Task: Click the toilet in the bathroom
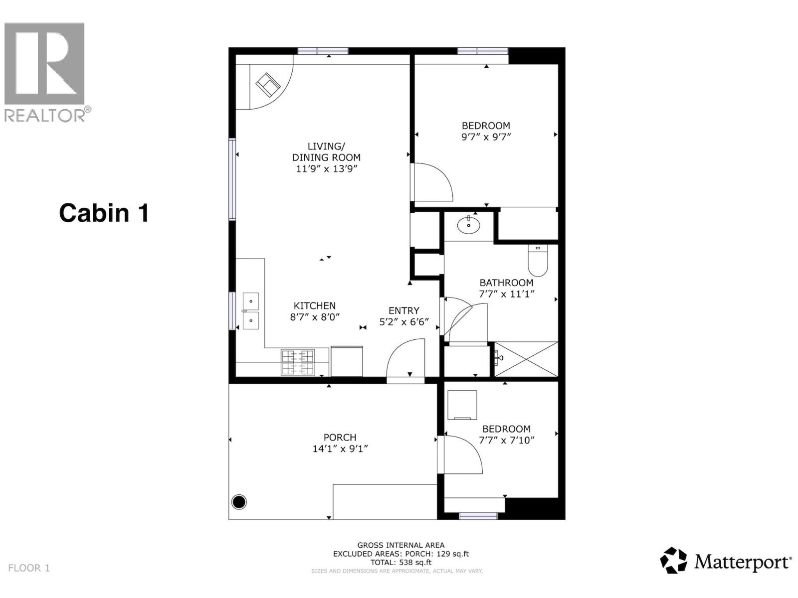click(538, 262)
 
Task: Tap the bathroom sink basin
click(469, 225)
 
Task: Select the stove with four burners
click(298, 362)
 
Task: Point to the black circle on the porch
click(239, 502)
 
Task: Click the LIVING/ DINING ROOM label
click(326, 151)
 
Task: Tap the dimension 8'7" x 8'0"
click(315, 317)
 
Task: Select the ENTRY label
click(404, 310)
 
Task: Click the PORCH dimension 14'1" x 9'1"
click(340, 448)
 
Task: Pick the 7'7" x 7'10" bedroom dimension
click(507, 440)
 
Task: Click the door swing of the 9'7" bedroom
click(432, 182)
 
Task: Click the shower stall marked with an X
click(526, 359)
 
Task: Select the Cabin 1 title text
click(104, 213)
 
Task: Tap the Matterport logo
click(726, 561)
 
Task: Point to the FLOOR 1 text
click(29, 568)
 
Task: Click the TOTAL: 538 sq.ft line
click(401, 562)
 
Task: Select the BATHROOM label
click(506, 283)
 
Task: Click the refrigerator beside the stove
click(347, 361)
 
